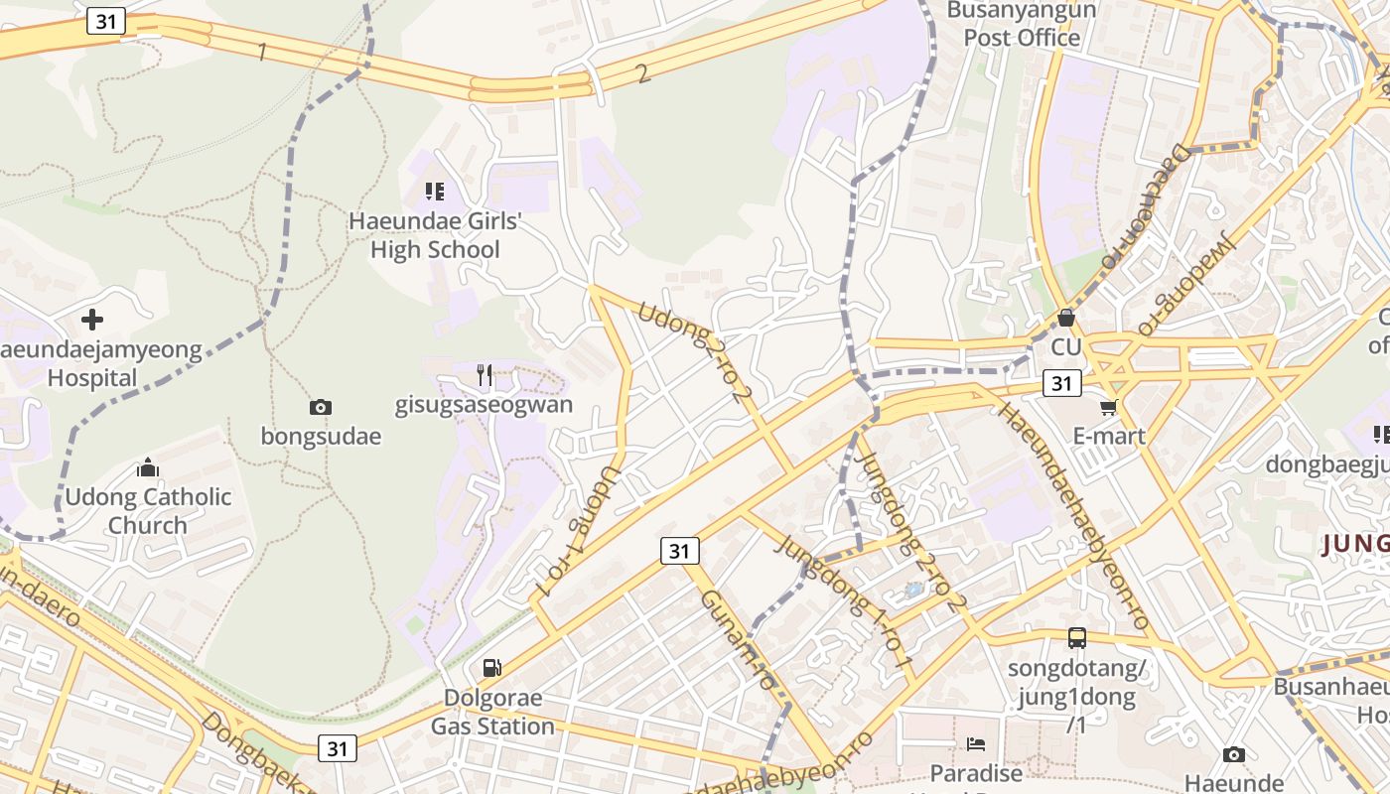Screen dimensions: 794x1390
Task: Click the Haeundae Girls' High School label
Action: click(x=435, y=235)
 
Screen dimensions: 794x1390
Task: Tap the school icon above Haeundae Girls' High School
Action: click(x=434, y=191)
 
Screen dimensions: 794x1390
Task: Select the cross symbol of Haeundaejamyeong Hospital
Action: click(x=92, y=320)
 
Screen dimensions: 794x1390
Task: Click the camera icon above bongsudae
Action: click(x=320, y=407)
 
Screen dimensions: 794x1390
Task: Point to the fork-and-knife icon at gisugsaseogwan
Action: click(x=485, y=374)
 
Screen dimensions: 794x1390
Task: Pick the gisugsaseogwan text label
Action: click(x=484, y=405)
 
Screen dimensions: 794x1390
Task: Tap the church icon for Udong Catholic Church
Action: click(x=148, y=467)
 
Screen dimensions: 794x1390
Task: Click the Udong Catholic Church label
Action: click(x=148, y=511)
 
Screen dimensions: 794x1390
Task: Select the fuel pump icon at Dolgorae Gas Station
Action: click(x=491, y=668)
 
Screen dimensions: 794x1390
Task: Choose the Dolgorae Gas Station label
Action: click(x=492, y=712)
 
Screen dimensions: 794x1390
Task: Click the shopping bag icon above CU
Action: click(x=1065, y=318)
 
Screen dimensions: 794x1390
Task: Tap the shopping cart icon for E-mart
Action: click(x=1109, y=407)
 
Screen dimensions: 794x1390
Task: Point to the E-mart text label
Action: click(x=1109, y=436)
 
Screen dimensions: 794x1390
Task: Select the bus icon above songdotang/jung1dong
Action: click(x=1077, y=638)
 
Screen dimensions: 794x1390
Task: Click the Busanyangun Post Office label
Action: click(x=1022, y=25)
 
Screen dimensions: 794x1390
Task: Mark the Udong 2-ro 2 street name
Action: click(x=695, y=352)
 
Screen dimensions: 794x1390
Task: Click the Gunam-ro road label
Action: click(x=737, y=640)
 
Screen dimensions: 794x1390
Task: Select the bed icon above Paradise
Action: click(x=976, y=743)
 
